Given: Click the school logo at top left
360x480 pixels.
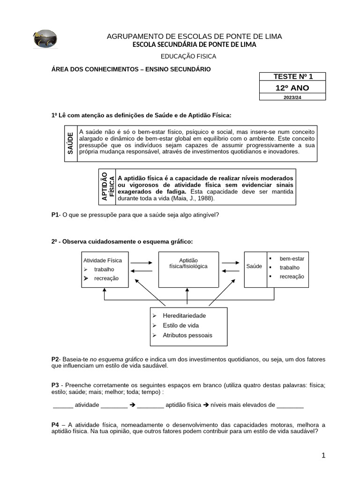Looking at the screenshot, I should (45, 39).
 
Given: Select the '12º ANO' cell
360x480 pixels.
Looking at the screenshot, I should (292, 88).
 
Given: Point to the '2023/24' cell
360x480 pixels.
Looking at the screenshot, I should (292, 97).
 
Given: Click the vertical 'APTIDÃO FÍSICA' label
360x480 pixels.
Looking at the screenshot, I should (107, 187).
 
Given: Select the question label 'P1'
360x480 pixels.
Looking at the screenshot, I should (55, 215).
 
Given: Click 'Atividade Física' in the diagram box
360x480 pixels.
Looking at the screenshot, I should (102, 260).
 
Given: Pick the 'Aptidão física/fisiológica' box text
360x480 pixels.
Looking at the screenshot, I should (188, 263).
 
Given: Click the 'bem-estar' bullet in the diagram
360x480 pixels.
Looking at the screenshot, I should (292, 259).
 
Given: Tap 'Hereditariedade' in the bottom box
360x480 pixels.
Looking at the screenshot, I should (184, 315).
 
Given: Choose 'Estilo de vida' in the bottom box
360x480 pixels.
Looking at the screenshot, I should (180, 325).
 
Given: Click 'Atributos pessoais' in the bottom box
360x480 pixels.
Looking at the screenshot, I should (187, 335).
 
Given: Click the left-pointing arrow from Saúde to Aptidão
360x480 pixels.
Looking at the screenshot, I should (230, 271).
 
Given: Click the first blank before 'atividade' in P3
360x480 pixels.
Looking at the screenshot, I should (63, 405).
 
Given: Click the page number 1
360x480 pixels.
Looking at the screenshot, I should (323, 455).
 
